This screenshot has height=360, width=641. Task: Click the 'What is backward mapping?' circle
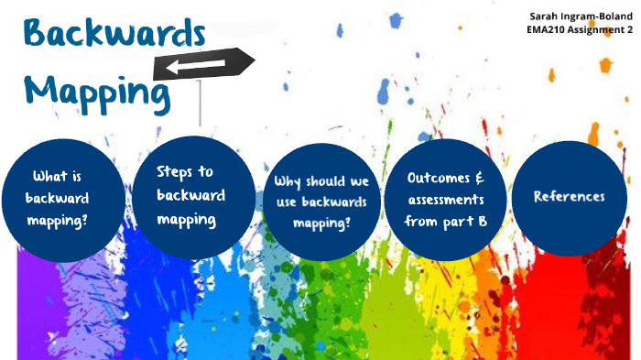(x=63, y=198)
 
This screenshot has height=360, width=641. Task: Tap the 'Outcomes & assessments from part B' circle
(x=446, y=197)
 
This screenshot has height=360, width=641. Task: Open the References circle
(x=569, y=197)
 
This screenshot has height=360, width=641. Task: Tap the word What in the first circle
(x=50, y=177)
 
